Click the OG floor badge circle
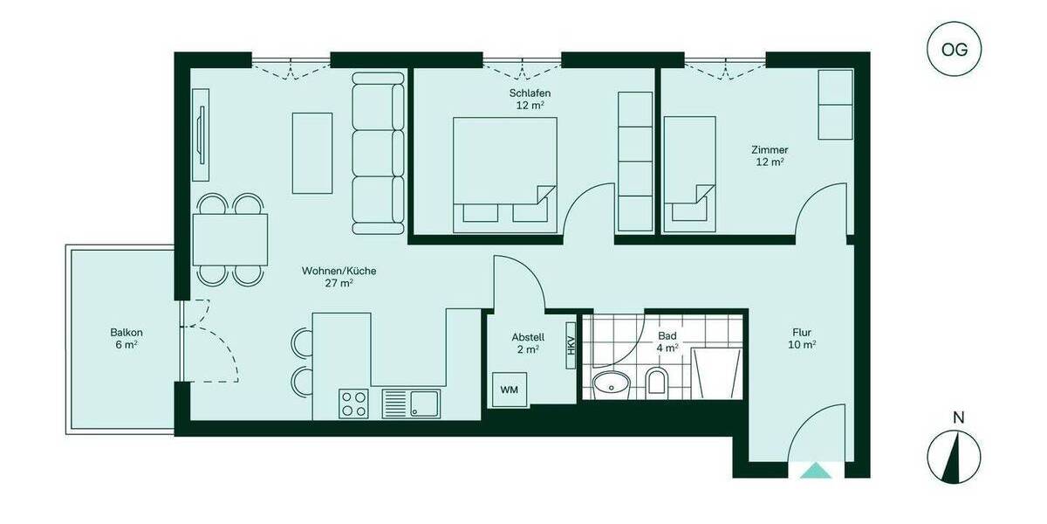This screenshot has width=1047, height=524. (955, 50)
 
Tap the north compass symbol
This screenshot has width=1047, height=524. (957, 454)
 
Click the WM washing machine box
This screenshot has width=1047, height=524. (509, 389)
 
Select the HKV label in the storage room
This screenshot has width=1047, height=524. (571, 346)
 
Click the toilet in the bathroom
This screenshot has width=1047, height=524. (657, 381)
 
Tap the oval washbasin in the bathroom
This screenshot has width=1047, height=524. (612, 382)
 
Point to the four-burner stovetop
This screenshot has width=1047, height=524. (353, 403)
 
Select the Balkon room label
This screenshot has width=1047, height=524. (127, 338)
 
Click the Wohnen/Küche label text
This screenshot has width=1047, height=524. (339, 276)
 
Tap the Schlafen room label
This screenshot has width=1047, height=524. (530, 99)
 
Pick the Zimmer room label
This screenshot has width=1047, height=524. (770, 155)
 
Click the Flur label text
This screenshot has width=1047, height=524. (803, 338)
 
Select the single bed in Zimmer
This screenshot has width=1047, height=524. (689, 175)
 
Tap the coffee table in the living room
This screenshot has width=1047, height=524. (311, 152)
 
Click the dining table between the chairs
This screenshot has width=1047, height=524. (230, 239)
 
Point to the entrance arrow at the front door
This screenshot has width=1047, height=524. (816, 471)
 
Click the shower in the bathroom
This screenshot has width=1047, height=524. (716, 375)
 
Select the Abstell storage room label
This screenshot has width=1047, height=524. (528, 342)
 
